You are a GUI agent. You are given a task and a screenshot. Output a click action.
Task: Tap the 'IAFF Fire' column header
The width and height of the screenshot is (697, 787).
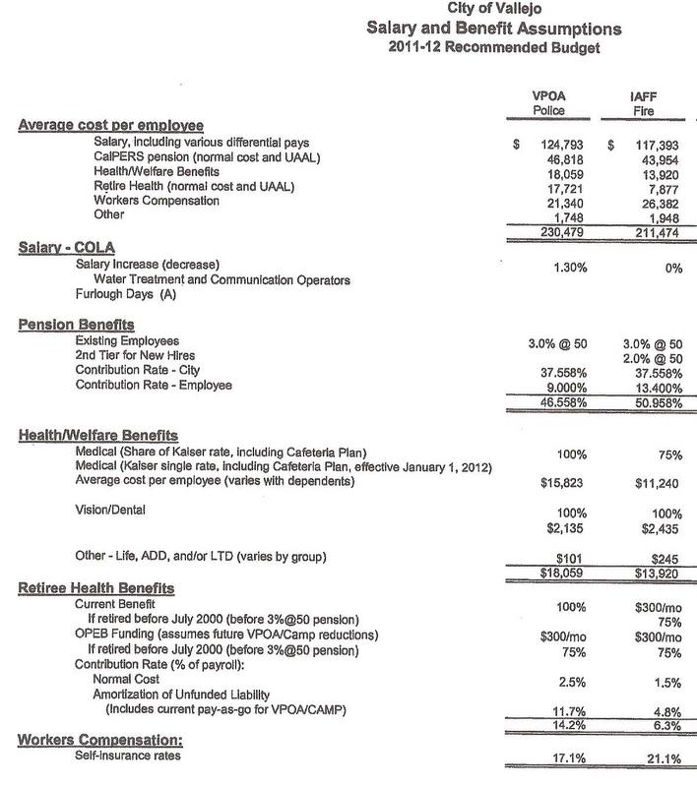pos(643,103)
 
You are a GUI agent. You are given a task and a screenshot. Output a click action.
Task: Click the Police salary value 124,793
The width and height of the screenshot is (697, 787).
pos(557,144)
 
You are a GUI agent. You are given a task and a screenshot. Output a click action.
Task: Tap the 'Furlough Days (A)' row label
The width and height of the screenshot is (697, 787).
pos(119,293)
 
